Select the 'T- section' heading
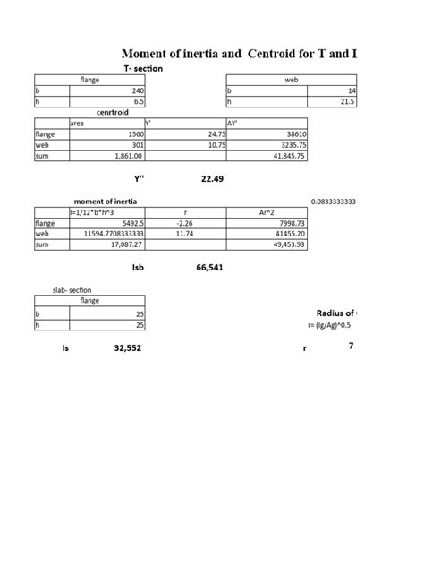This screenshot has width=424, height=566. point(143,69)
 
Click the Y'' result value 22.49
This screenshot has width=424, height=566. point(212,179)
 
